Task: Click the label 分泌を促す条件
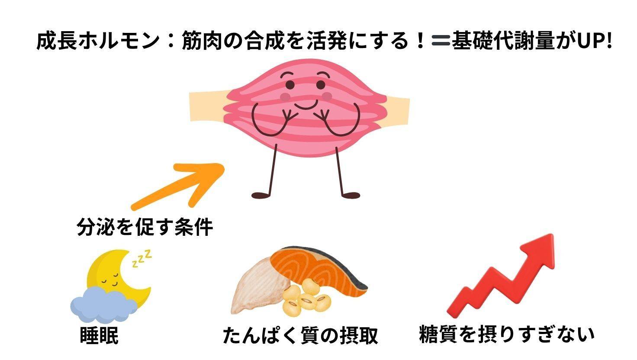pyautogui.click(x=145, y=227)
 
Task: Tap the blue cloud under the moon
pyautogui.click(x=102, y=305)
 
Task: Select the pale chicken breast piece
pyautogui.click(x=255, y=290)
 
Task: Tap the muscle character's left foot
pyautogui.click(x=263, y=195)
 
